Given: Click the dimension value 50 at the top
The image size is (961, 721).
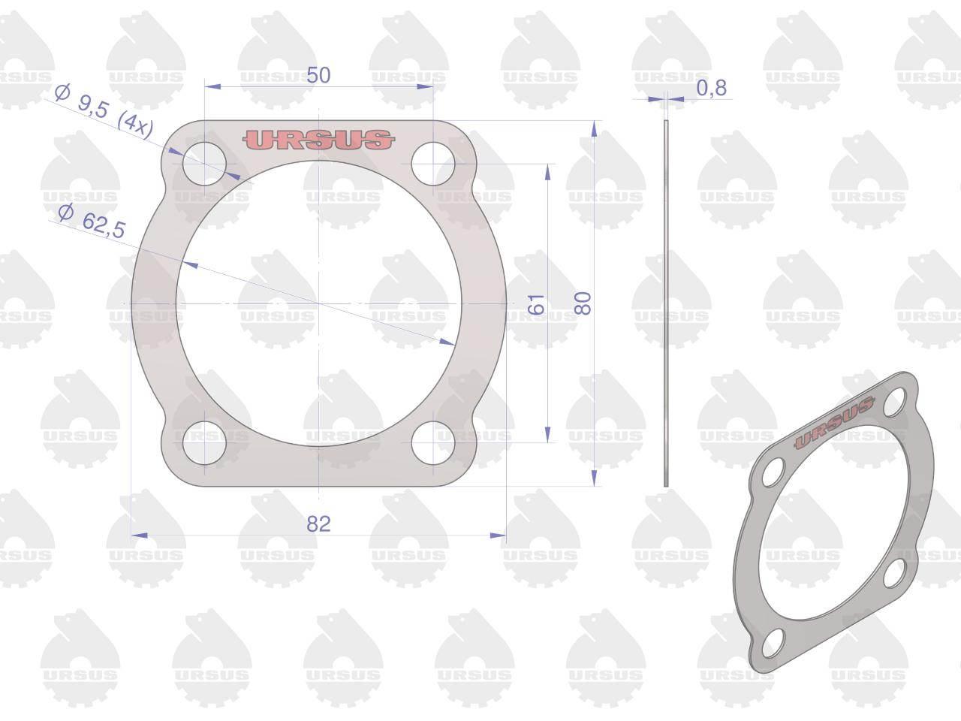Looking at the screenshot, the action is (318, 75).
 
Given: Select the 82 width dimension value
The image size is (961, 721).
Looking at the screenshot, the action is (318, 524).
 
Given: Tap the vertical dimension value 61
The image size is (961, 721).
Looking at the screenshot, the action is (536, 304).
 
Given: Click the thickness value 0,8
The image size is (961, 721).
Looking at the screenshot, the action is (712, 88).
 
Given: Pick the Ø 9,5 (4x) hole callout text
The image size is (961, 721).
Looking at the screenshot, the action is (104, 112).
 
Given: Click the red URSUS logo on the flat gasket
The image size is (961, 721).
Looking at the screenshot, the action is (319, 140).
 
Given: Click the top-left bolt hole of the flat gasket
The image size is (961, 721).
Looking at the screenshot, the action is (204, 164).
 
